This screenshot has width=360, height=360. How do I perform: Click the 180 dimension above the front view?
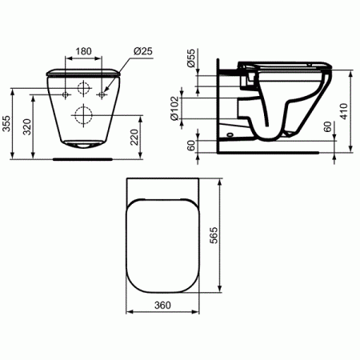click(x=82, y=51)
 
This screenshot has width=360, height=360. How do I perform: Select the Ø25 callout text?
click(x=143, y=51)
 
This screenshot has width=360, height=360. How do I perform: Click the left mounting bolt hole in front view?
click(x=65, y=94)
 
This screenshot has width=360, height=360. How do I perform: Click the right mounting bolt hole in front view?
click(x=102, y=94)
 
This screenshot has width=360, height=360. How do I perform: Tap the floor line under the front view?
click(x=83, y=158)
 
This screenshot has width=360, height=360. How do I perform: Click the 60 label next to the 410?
click(x=327, y=128)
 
